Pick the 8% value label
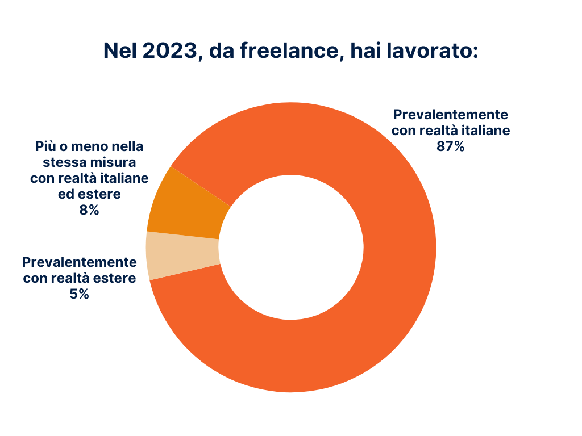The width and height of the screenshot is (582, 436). click(89, 210)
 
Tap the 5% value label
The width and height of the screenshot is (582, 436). click(79, 294)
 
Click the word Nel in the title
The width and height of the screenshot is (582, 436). click(120, 51)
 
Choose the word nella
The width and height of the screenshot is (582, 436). click(126, 146)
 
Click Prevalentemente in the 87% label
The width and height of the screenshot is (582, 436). click(451, 114)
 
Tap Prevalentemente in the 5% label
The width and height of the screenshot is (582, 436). click(80, 262)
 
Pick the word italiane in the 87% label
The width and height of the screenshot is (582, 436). click(483, 130)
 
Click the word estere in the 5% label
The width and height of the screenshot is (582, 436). click(116, 278)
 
